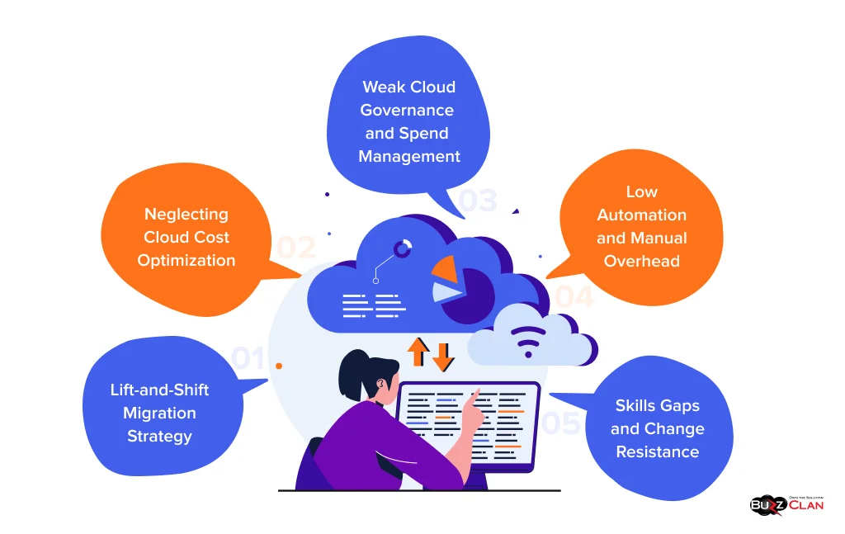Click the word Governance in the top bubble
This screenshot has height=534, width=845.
click(x=409, y=110)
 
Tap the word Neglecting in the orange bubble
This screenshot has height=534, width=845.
click(x=186, y=214)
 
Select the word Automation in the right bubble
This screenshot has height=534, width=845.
click(x=641, y=215)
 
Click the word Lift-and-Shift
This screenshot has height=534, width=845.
click(x=160, y=390)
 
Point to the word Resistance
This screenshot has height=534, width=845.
click(x=657, y=451)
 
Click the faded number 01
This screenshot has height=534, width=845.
click(x=248, y=358)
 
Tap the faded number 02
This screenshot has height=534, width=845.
click(x=296, y=248)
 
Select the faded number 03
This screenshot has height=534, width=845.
click(x=478, y=201)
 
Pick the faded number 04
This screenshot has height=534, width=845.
click(x=573, y=297)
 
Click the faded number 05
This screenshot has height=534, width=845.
click(x=561, y=423)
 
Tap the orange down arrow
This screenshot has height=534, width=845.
click(x=443, y=356)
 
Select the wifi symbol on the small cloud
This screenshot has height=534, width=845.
click(x=528, y=340)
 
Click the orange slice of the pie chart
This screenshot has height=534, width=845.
click(x=446, y=267)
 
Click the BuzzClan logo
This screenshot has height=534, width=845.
click(x=786, y=503)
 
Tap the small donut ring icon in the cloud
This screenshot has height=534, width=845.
click(x=403, y=248)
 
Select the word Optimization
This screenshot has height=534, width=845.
click(x=186, y=260)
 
